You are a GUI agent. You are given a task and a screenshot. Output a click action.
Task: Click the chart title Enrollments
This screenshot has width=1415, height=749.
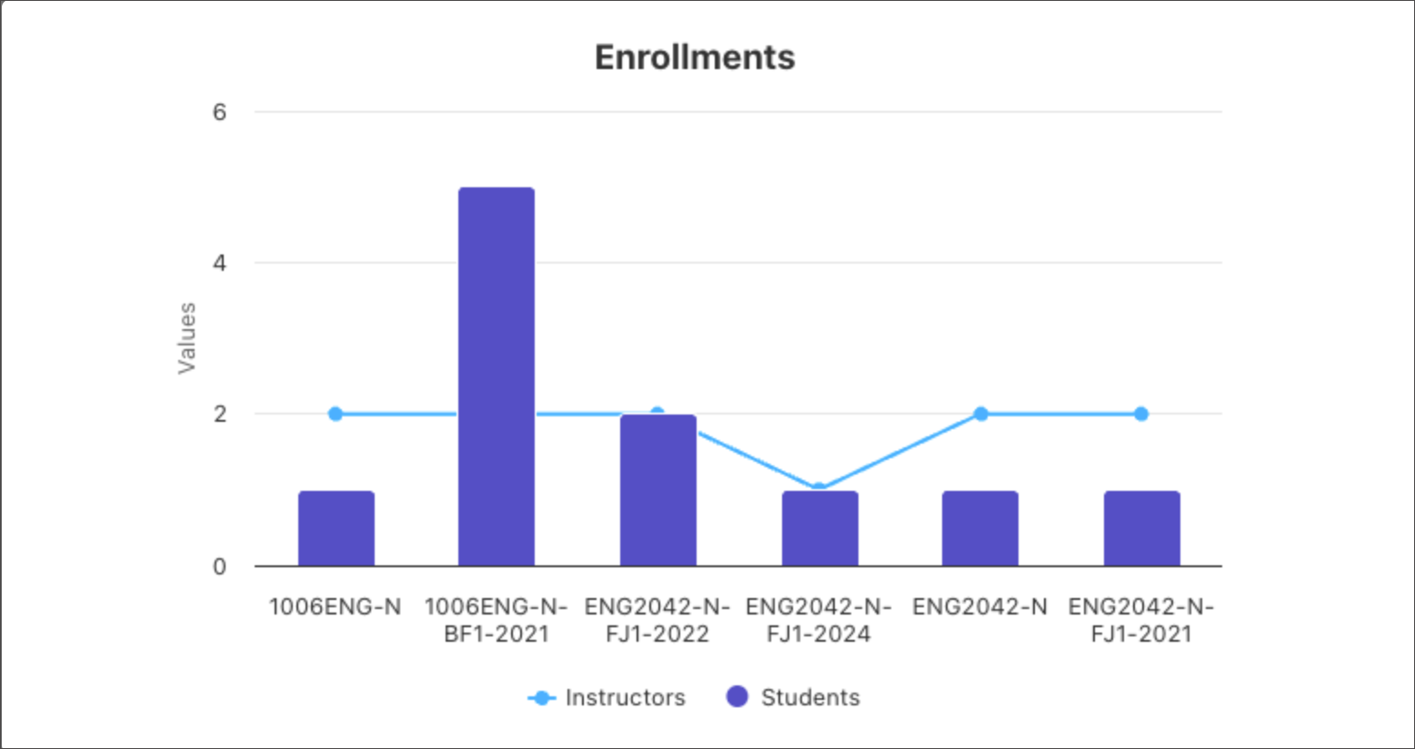coord(695,57)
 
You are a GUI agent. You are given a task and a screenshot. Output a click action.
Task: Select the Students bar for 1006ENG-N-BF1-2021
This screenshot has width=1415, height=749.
coord(497,376)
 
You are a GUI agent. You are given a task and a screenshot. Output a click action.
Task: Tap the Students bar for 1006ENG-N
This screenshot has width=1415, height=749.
coord(336,528)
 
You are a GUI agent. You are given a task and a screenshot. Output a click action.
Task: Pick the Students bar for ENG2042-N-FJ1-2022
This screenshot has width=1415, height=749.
coord(658,490)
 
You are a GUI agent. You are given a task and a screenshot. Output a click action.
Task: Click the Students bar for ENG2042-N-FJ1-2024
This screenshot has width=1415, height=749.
coord(819,528)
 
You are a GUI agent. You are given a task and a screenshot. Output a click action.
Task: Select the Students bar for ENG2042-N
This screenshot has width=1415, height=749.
coord(980,528)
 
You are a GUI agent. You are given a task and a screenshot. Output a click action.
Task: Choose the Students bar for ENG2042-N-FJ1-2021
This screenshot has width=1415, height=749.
coord(1141,528)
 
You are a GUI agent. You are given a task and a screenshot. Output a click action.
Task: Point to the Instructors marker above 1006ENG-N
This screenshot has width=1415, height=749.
coord(336,414)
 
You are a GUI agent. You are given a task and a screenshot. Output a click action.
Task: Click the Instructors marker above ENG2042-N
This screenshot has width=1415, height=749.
coord(980,414)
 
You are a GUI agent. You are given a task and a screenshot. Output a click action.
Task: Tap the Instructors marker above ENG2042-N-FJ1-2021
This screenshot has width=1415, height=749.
coord(1141,414)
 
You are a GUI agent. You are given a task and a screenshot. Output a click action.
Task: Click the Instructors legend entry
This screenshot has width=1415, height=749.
coord(607,697)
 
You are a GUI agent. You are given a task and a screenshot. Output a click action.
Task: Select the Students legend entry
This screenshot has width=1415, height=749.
coord(793,697)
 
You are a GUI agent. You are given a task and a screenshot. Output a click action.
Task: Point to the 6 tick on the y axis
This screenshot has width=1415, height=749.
coord(219,112)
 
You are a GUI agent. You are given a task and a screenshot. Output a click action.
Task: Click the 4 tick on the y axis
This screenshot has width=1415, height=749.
coord(219,263)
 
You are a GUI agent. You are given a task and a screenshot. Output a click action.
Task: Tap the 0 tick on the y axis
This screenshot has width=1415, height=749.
coord(219,566)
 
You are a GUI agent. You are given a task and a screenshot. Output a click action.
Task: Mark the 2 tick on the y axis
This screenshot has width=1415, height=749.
coord(219,414)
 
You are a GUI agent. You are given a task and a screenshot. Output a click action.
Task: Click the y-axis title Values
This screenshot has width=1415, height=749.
coord(186,338)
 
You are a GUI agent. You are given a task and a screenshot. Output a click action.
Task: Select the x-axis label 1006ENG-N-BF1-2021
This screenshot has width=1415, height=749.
coord(497,620)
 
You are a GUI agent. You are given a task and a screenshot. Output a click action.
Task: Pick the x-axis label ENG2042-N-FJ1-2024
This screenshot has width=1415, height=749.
coord(819,620)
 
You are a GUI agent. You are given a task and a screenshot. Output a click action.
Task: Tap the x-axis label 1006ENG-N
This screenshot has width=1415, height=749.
coord(336,606)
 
